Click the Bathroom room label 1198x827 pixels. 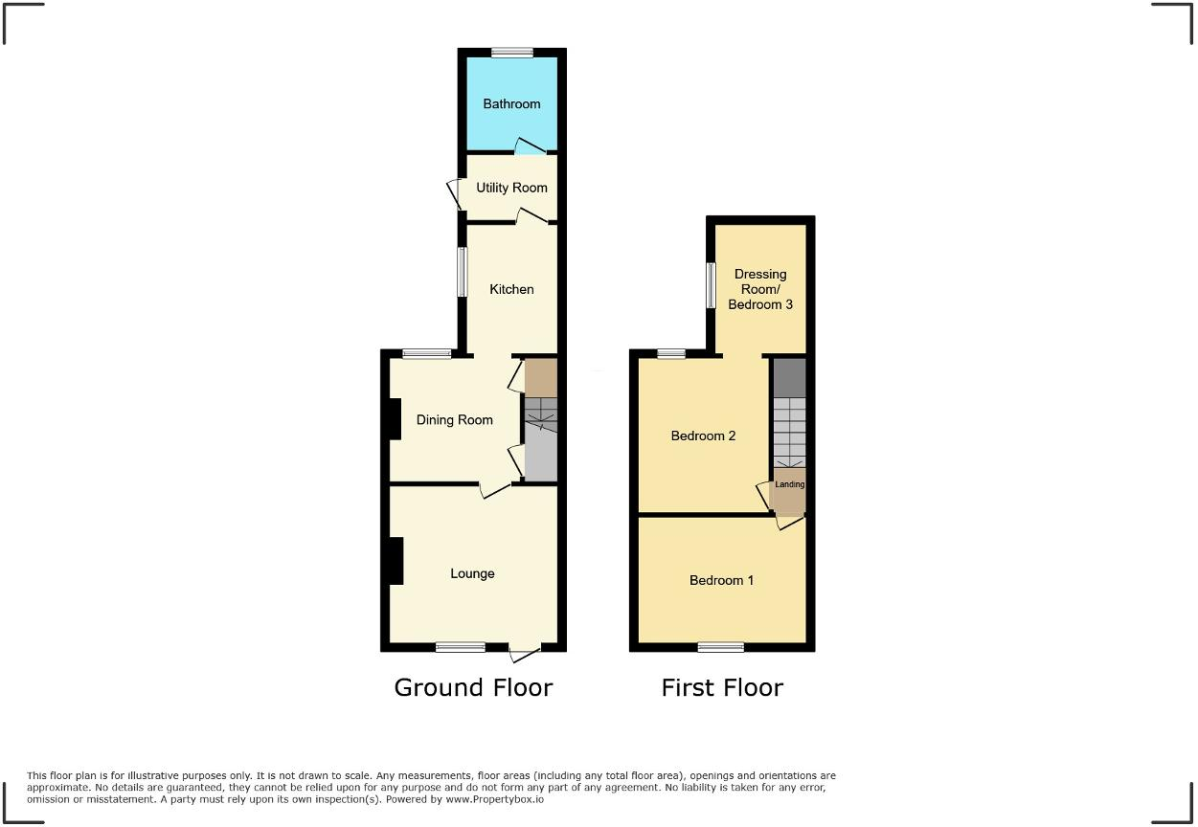point(511,103)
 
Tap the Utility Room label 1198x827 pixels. point(511,188)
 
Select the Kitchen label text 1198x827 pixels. point(511,289)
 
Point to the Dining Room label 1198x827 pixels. point(454,419)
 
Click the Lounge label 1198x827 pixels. point(472,573)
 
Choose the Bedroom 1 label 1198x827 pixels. point(721,580)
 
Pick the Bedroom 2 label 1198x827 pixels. point(703,436)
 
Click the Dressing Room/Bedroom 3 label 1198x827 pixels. point(760,289)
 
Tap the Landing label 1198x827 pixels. point(790,484)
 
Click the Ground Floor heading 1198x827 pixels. point(473,687)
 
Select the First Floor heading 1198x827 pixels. point(722,687)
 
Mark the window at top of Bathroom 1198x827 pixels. point(512,52)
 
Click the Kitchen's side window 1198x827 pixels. point(461,272)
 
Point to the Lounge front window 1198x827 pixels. point(461,648)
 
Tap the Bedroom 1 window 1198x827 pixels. point(721,648)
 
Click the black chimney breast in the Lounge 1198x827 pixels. point(395,561)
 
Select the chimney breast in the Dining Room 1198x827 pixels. point(394,418)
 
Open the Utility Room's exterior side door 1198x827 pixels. point(454,193)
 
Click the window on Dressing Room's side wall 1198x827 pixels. point(711,285)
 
